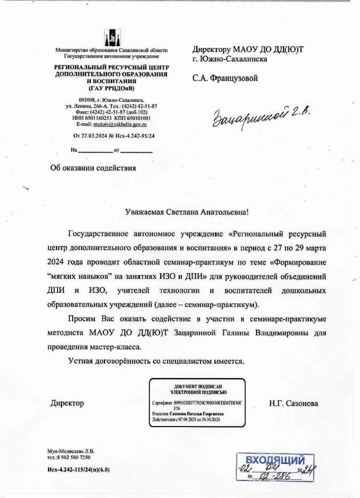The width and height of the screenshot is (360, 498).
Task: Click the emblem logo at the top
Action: [x=111, y=36]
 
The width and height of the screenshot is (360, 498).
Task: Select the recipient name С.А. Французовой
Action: [x=225, y=79]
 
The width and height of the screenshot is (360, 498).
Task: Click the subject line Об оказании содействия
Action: [x=93, y=167]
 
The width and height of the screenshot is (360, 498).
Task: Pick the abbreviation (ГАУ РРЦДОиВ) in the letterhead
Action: [x=111, y=88]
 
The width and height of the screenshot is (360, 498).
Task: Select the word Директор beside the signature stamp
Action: [x=67, y=404]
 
